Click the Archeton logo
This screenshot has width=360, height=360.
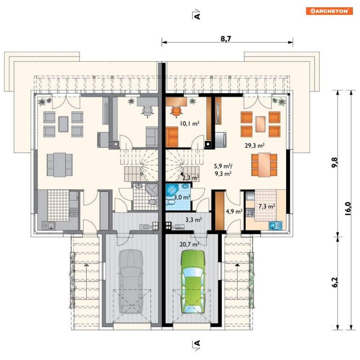[329, 11]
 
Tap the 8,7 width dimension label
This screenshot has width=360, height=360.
[226, 39]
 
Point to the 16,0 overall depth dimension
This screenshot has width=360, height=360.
[348, 208]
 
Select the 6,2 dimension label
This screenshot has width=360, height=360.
[335, 283]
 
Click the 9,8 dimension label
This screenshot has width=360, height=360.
[335, 162]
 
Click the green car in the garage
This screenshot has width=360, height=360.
[193, 282]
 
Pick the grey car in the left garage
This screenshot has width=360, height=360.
[131, 282]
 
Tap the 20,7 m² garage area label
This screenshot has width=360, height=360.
[189, 244]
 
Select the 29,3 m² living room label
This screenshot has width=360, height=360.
[254, 145]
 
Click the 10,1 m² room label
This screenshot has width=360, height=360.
[190, 123]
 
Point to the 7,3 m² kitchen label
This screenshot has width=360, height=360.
[267, 206]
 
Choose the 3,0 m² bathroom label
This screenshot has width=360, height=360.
[182, 197]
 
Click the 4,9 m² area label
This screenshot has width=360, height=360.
[234, 211]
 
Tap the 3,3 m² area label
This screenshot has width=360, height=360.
[194, 220]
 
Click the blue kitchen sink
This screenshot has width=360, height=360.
[275, 225]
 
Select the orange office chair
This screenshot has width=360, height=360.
[176, 112]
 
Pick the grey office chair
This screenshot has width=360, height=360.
[147, 112]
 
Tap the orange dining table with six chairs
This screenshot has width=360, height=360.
[264, 165]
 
